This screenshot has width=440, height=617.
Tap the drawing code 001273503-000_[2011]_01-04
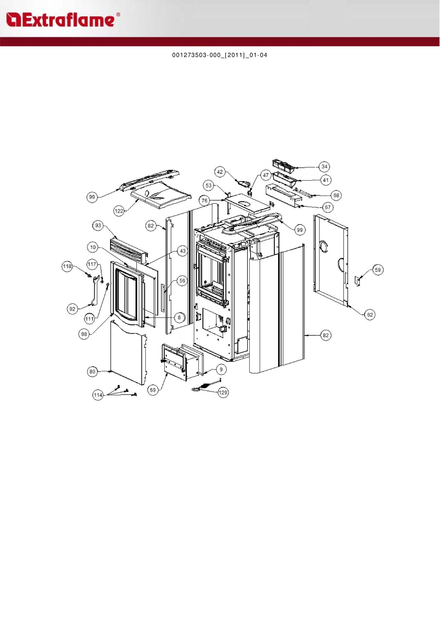pyautogui.click(x=220, y=55)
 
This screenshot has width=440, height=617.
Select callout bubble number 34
pyautogui.click(x=325, y=167)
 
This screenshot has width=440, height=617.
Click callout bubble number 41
pyautogui.click(x=326, y=180)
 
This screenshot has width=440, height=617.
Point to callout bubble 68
pyautogui.click(x=336, y=196)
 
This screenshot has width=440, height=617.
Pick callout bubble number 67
pyautogui.click(x=328, y=207)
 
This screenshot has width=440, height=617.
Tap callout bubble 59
pyautogui.click(x=378, y=270)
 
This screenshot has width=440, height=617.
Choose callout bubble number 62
pyautogui.click(x=370, y=315)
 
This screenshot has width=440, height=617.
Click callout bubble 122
pyautogui.click(x=119, y=211)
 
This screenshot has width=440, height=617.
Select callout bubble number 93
pyautogui.click(x=98, y=225)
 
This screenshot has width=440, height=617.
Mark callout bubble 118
pyautogui.click(x=67, y=266)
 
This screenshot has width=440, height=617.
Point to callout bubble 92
pyautogui.click(x=72, y=309)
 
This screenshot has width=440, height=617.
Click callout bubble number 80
pyautogui.click(x=92, y=372)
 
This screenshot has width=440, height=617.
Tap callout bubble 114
pyautogui.click(x=98, y=395)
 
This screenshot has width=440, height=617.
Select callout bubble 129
pyautogui.click(x=223, y=393)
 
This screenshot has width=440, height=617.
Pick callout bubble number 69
pyautogui.click(x=153, y=390)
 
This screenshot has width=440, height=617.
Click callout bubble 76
pyautogui.click(x=204, y=201)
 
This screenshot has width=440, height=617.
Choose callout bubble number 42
pyautogui.click(x=220, y=172)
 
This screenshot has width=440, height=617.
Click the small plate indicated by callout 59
pyautogui.click(x=358, y=280)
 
